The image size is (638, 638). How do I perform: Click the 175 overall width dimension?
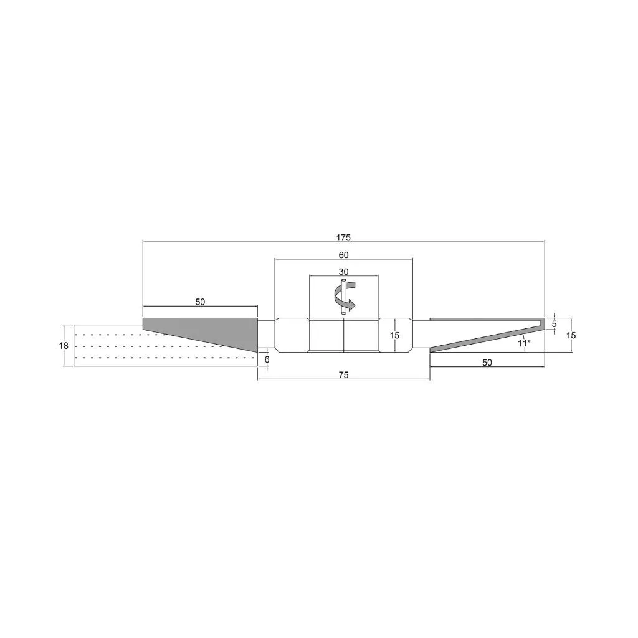pyautogui.click(x=343, y=237)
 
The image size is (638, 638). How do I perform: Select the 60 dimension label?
pyautogui.click(x=343, y=255)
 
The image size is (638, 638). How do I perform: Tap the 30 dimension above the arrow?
pyautogui.click(x=343, y=272)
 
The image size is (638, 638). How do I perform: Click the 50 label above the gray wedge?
pyautogui.click(x=200, y=302)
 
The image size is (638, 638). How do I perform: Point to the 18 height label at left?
pyautogui.click(x=64, y=346)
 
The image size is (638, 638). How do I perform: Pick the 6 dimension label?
pyautogui.click(x=267, y=360)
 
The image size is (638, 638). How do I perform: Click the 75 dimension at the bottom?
pyautogui.click(x=343, y=375)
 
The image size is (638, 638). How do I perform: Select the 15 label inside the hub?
pyautogui.click(x=394, y=336)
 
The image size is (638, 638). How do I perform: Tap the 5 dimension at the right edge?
pyautogui.click(x=554, y=324)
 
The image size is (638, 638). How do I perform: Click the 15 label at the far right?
pyautogui.click(x=571, y=335)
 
